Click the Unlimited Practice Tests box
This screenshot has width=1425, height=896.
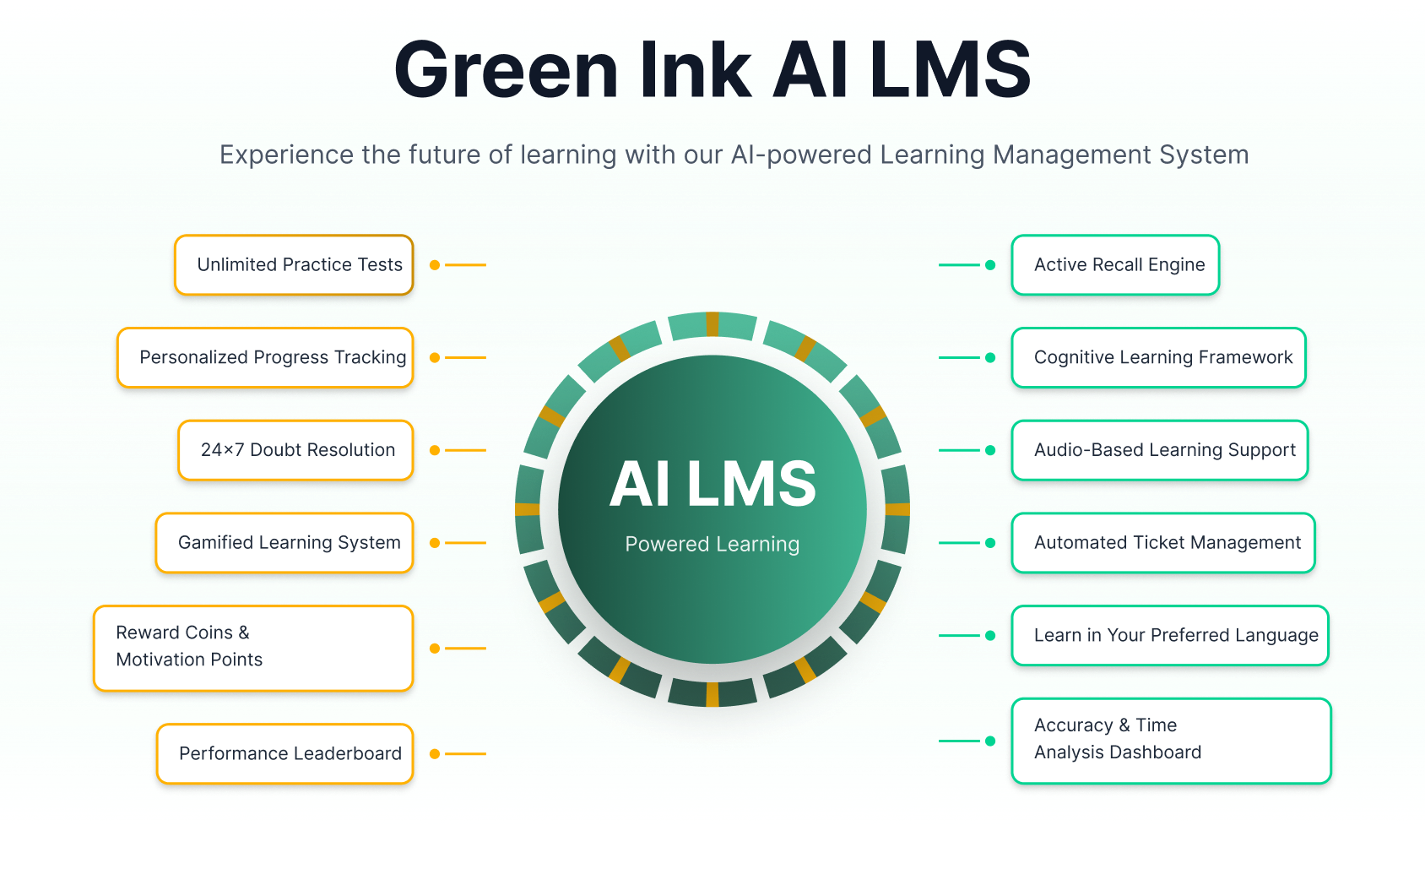tap(294, 265)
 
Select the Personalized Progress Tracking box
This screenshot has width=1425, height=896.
tap(265, 358)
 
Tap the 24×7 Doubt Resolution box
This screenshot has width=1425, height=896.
tap(295, 450)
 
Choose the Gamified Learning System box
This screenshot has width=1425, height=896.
tap(284, 543)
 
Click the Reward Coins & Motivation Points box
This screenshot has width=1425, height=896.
tap(253, 648)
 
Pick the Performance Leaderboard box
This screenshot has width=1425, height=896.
tap(285, 753)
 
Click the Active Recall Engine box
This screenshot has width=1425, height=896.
tap(1115, 265)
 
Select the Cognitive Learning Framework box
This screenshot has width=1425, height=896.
tap(1158, 358)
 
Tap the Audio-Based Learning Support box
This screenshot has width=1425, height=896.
tap(1160, 450)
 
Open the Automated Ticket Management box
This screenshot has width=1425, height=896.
tap(1163, 543)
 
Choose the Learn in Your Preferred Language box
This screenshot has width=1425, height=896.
tap(1170, 635)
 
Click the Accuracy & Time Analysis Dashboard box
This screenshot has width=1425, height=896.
tap(1171, 741)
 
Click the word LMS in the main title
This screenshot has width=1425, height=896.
tap(950, 70)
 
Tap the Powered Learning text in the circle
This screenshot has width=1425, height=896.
tap(712, 545)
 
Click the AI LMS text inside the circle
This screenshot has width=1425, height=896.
tap(712, 485)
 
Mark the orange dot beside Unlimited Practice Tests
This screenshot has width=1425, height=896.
tap(435, 265)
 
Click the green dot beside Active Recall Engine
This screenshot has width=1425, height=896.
tap(990, 265)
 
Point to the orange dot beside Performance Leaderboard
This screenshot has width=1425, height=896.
tap(435, 753)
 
